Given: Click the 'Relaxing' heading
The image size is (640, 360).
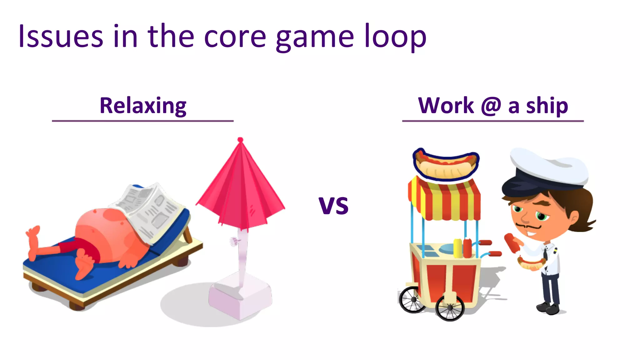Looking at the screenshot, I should tap(143, 106).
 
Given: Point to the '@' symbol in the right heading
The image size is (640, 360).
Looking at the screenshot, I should tap(491, 106).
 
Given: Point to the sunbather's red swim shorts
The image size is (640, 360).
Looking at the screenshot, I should tap(78, 247).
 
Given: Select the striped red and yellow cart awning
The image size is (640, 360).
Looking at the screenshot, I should tap(445, 200).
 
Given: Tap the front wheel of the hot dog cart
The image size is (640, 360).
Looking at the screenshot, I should tap(450, 308).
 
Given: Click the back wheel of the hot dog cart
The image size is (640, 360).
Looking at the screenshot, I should tap(412, 299).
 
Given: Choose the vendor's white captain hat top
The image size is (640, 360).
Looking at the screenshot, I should tap(550, 166).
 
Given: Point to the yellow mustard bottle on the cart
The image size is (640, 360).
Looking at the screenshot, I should tap(457, 248).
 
